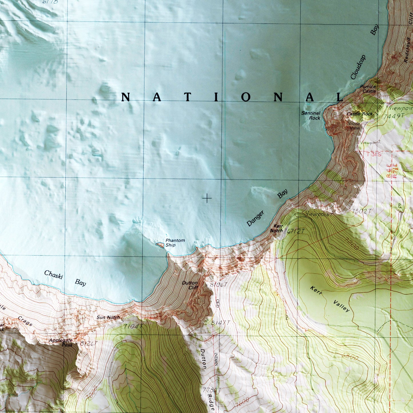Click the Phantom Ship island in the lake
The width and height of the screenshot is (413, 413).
tap(160, 245)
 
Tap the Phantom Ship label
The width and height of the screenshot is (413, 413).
tap(175, 243)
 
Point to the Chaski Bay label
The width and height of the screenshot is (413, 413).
tap(65, 278)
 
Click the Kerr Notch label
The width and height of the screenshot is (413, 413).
tap(276, 228)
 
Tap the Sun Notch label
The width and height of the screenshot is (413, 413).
tap(108, 317)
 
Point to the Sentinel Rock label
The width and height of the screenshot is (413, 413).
tap(311, 115)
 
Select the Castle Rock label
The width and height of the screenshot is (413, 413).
tap(360, 114)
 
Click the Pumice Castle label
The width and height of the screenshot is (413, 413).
tap(368, 89)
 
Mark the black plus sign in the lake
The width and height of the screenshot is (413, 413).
tap(207, 198)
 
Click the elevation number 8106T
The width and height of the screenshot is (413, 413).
tap(219, 285)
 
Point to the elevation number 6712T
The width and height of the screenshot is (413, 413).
tap(296, 231)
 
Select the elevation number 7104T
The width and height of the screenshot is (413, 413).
tap(133, 326)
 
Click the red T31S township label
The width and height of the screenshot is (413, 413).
tap(374, 154)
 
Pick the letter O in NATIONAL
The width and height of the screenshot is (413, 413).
tap(246, 97)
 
